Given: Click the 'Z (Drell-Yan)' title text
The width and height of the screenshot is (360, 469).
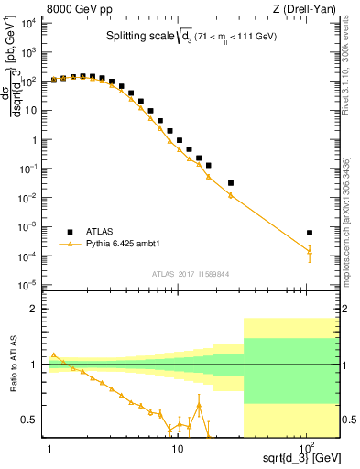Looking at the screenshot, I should click(310, 8).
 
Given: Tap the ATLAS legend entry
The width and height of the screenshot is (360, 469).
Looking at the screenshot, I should click(102, 231).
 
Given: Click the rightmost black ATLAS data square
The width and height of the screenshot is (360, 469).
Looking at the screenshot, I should click(310, 233).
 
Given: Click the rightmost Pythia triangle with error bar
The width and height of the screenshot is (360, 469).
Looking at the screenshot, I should click(310, 251).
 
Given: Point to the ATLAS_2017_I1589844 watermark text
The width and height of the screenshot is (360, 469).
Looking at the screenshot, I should click(191, 273).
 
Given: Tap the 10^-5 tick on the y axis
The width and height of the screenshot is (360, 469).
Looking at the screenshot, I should click(29, 283).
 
